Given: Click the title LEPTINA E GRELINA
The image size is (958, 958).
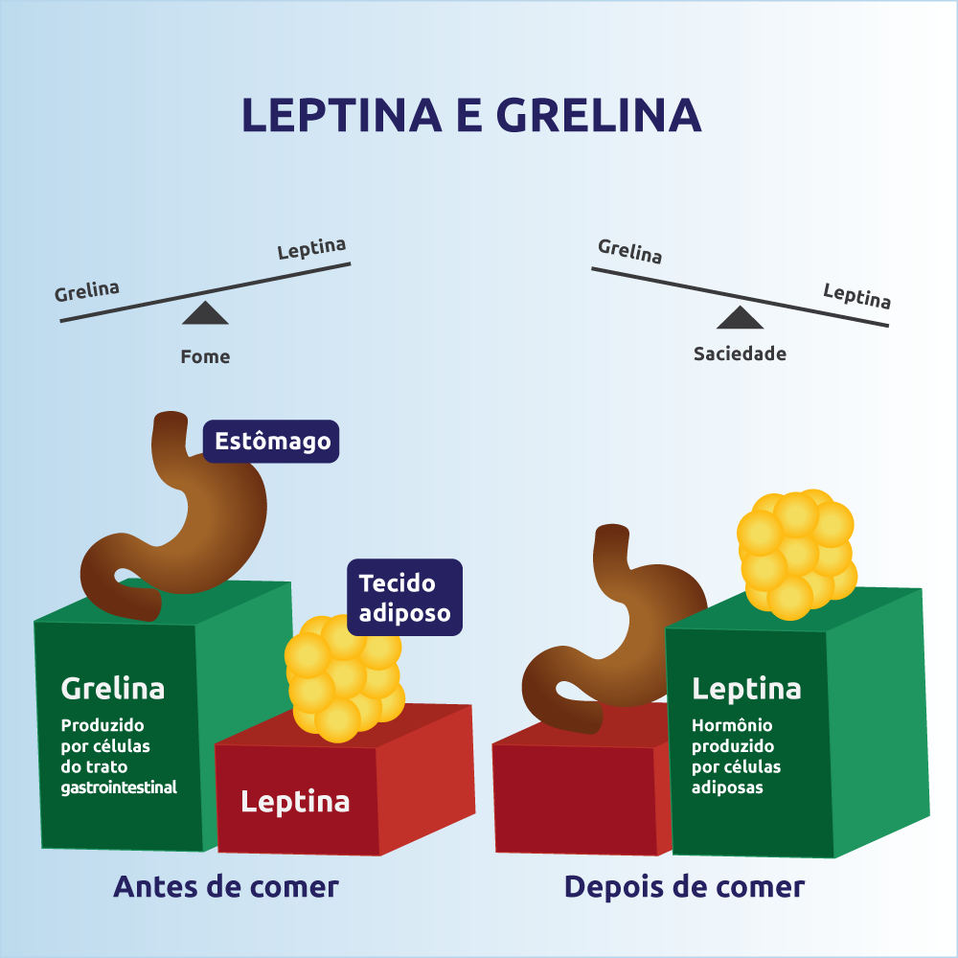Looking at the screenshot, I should [471, 114].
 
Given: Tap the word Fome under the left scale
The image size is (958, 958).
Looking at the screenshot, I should [205, 356].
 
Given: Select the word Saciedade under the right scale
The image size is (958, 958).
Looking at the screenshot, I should [740, 354].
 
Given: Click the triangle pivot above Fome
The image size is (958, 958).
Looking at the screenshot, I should [205, 313].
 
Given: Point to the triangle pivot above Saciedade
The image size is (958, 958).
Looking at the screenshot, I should [740, 318].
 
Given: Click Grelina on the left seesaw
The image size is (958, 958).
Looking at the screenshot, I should [87, 290].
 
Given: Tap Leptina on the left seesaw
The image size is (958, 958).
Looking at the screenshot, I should [311, 249].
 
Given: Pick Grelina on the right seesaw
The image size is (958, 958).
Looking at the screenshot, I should [629, 251].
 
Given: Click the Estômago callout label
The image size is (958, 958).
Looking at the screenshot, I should [272, 442].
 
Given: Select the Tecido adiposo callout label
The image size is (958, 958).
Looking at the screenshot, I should [404, 597].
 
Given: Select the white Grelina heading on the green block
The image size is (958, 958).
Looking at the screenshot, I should [112, 688].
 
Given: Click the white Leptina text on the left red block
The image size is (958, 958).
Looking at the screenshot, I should [295, 801].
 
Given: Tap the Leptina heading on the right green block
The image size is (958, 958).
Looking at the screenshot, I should [746, 688].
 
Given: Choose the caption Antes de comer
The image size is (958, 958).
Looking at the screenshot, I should [226, 886].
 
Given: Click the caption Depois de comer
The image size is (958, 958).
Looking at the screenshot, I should [684, 886].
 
